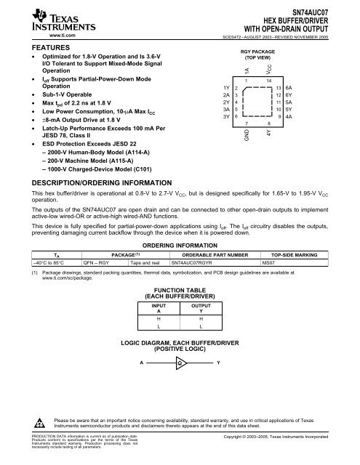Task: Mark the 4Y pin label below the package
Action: coord(269,134)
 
